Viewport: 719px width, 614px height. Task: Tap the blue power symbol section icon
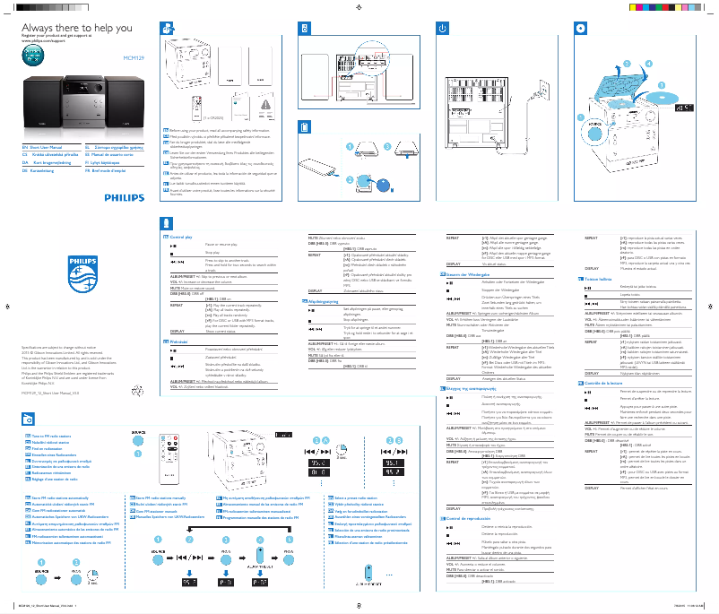[x=442, y=28]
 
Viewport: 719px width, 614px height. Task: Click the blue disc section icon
[x=581, y=28]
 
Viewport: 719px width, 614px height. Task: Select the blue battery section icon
[x=303, y=127]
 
